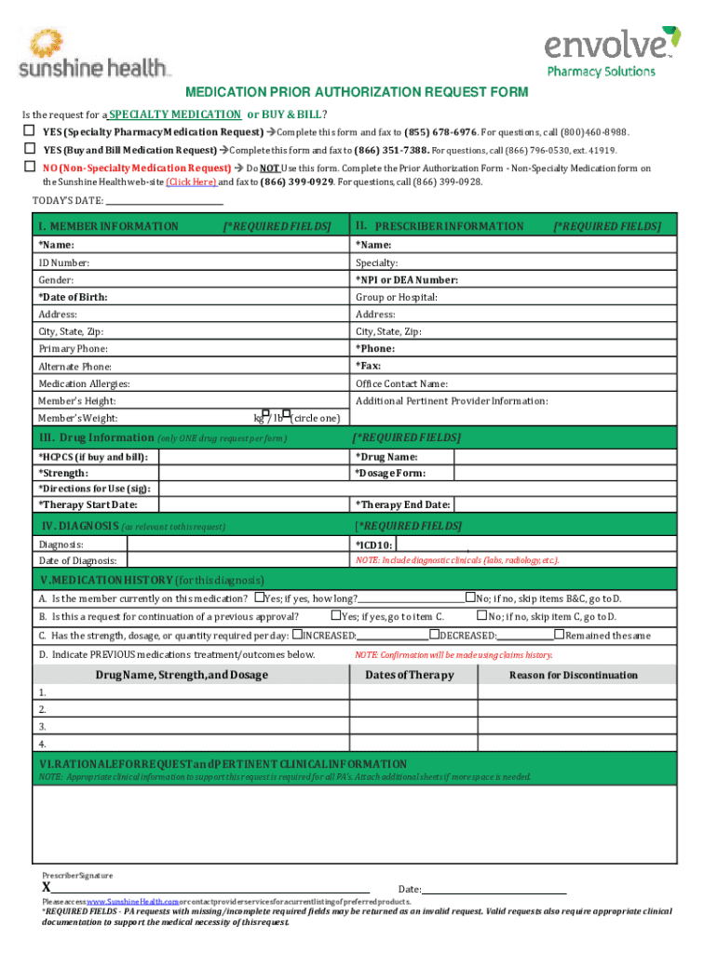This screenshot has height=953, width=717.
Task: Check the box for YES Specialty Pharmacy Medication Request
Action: click(30, 131)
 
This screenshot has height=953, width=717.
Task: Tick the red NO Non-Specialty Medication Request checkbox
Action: click(30, 168)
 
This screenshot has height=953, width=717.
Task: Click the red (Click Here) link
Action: click(191, 182)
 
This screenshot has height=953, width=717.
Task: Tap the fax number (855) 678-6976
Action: click(441, 132)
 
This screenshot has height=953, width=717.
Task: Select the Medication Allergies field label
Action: click(84, 383)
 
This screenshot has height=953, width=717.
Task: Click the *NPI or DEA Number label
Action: click(406, 280)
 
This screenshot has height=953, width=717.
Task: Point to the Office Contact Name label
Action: click(401, 383)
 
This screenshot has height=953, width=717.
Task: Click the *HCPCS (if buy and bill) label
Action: click(92, 457)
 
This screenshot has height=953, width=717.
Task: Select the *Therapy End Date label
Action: click(402, 504)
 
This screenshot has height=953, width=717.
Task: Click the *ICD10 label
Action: click(374, 544)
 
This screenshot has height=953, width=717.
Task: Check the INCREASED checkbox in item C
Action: click(297, 635)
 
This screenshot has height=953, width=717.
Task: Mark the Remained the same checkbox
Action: click(560, 635)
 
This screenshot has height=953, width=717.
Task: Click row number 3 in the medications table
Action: click(42, 726)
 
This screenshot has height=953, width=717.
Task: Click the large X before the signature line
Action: click(47, 887)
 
